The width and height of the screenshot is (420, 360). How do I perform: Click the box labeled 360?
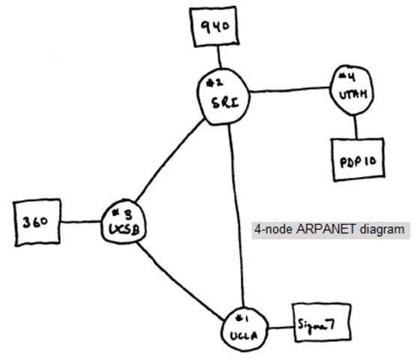[37, 222]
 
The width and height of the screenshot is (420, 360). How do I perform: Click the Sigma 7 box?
[320, 325]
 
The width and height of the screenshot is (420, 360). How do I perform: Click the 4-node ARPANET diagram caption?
[330, 229]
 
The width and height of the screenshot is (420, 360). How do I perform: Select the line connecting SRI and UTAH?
[289, 93]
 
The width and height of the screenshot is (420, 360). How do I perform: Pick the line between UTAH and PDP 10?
[355, 127]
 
